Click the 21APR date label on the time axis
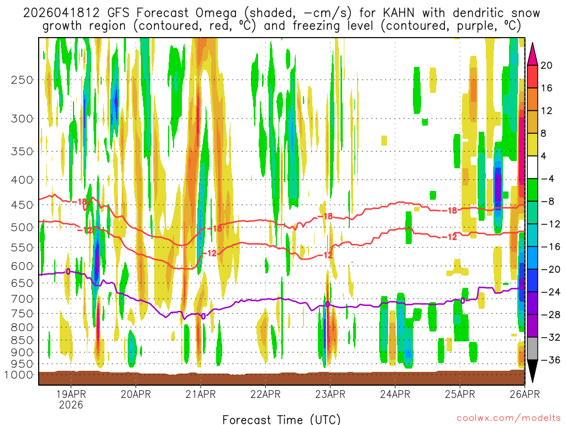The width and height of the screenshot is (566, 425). point(201,395)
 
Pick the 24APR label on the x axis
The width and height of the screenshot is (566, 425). point(395,395)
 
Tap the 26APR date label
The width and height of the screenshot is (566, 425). point(525,395)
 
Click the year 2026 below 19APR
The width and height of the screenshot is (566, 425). point(71,405)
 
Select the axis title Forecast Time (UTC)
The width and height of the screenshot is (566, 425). point(281,419)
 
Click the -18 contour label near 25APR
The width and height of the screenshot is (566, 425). point(451,210)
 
